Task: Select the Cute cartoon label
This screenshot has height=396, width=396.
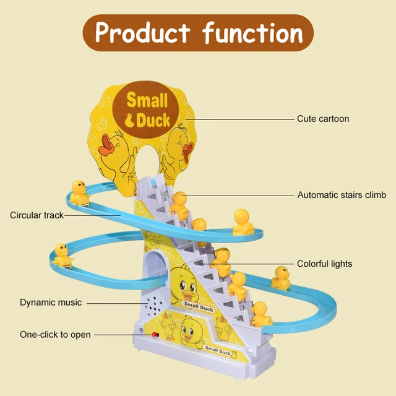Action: [x=323, y=118]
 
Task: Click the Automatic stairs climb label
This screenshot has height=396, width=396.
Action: [x=342, y=195]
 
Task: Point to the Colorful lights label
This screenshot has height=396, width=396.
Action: [x=324, y=264]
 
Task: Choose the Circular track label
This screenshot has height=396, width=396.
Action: [x=37, y=215]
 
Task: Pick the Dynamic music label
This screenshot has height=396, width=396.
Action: [x=51, y=303]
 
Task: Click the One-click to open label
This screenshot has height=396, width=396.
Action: [x=55, y=335]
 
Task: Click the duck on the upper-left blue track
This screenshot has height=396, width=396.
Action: [x=79, y=192]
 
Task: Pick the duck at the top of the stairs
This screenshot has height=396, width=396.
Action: [x=179, y=205]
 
